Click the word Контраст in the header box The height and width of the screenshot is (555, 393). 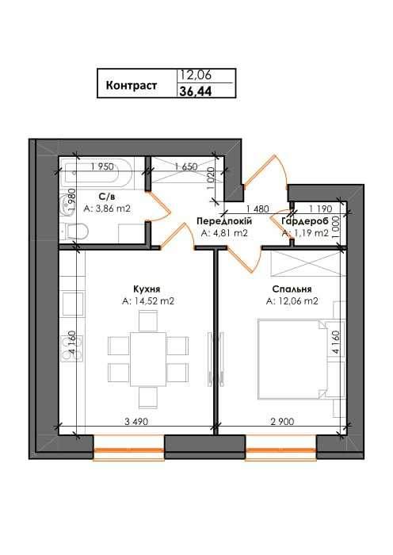click(x=132, y=86)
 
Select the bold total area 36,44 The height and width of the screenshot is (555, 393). click(x=196, y=91)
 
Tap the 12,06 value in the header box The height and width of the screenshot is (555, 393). click(x=196, y=75)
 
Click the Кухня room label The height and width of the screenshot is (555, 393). click(x=147, y=289)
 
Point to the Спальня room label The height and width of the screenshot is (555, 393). click(x=292, y=289)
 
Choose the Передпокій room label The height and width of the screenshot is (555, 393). click(x=224, y=221)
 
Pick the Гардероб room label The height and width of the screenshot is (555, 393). click(x=305, y=221)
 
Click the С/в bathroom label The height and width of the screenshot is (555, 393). click(x=107, y=197)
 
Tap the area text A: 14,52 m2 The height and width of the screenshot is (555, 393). click(x=148, y=301)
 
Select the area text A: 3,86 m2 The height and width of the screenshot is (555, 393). click(x=107, y=209)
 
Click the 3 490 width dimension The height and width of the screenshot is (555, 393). click(x=136, y=422)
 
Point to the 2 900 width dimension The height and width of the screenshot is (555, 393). click(x=282, y=422)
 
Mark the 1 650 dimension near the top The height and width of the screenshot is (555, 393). click(x=185, y=166)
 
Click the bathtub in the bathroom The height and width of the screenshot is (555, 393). click(x=96, y=172)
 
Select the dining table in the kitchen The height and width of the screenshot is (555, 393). click(x=148, y=359)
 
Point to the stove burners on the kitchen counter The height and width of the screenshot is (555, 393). click(x=73, y=349)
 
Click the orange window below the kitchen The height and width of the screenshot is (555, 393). click(x=129, y=450)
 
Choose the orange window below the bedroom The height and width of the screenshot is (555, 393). click(x=280, y=450)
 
